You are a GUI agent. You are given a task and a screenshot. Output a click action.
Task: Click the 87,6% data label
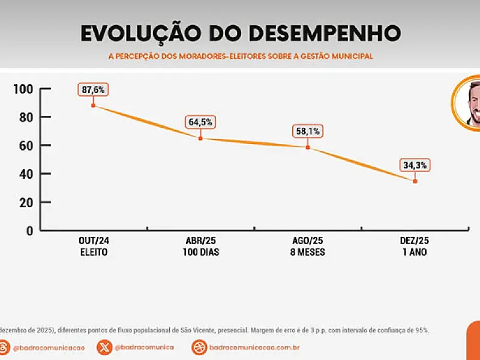pyautogui.click(x=93, y=89)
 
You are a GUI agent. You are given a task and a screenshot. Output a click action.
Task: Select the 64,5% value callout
pyautogui.click(x=200, y=122)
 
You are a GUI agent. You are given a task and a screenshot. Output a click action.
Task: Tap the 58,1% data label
pyautogui.click(x=308, y=131)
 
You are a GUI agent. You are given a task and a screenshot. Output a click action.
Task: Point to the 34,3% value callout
pyautogui.click(x=415, y=166)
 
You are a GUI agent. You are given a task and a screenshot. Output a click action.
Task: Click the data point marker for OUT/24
pyautogui.click(x=94, y=106)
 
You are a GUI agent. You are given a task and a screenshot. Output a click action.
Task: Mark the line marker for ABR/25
pyautogui.click(x=200, y=139)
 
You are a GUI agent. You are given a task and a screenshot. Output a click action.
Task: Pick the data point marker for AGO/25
pyautogui.click(x=308, y=148)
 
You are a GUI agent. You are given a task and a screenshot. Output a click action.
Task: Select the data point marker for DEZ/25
pyautogui.click(x=415, y=181)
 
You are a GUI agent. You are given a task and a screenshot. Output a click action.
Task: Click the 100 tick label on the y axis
pyautogui.click(x=23, y=89)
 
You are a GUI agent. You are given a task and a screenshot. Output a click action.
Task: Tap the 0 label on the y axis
pyautogui.click(x=29, y=231)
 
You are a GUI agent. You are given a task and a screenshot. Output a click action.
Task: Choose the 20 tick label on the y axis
pyautogui.click(x=26, y=202)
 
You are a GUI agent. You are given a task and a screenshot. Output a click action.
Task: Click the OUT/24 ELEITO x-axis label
pyautogui.click(x=94, y=247)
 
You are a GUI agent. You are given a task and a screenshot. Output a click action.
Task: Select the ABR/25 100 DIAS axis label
pyautogui.click(x=201, y=247)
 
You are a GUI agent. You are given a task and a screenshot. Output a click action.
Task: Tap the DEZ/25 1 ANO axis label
pyautogui.click(x=415, y=247)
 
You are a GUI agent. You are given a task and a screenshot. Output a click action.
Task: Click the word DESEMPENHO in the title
pyautogui.click(x=325, y=33)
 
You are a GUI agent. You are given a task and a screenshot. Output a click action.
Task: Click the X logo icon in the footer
pyautogui.click(x=104, y=347)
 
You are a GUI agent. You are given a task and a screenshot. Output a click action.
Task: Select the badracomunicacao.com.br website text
pyautogui.click(x=254, y=347)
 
